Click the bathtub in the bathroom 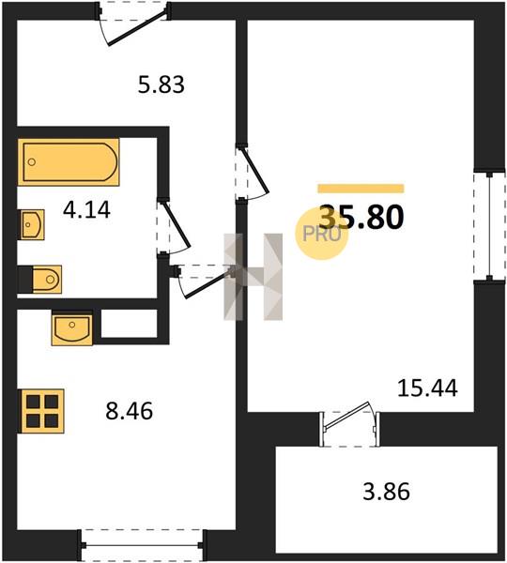tap(69, 162)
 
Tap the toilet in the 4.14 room tap(47, 279)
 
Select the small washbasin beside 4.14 tap(32, 225)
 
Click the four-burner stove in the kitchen tap(42, 411)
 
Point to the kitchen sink tap(72, 327)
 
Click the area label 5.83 tap(161, 84)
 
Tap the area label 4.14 tap(86, 209)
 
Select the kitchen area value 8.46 tap(129, 411)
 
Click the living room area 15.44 tap(427, 388)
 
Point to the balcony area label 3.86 tap(386, 492)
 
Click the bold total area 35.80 tap(361, 217)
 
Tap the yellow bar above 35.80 tap(361, 189)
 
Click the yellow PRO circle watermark tap(322, 234)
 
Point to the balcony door tap(348, 424)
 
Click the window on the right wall tap(489, 225)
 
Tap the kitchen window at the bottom tap(143, 545)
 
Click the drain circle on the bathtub tap(32, 162)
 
